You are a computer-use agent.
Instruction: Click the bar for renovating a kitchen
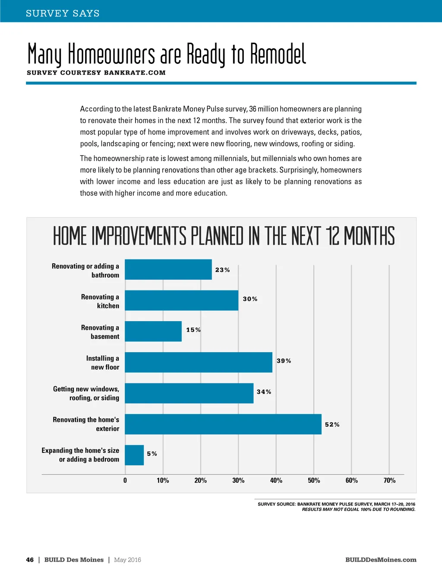[181, 300]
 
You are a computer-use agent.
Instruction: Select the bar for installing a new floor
[199, 362]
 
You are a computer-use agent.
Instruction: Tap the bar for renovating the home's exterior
[223, 424]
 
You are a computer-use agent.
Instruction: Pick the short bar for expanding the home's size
[134, 455]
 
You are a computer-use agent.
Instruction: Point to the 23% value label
[222, 270]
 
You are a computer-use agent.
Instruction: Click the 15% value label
[193, 330]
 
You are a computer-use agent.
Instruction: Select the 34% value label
[264, 392]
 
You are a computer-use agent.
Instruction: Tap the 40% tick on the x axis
[276, 480]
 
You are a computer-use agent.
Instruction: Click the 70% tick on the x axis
[389, 480]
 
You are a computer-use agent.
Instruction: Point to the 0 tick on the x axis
[125, 480]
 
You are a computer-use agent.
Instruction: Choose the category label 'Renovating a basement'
[100, 332]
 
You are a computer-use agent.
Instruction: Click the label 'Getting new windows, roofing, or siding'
[86, 393]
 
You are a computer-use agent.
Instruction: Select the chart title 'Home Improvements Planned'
[224, 236]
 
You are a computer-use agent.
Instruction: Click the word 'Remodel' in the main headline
[278, 54]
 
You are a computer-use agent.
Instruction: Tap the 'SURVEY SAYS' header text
[63, 13]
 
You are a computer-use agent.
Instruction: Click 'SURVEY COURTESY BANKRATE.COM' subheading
[96, 73]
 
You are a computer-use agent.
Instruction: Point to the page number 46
[30, 560]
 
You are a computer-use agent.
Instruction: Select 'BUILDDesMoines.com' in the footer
[381, 560]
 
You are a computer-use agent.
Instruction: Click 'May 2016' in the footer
[127, 560]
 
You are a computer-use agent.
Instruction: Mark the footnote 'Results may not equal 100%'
[359, 509]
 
